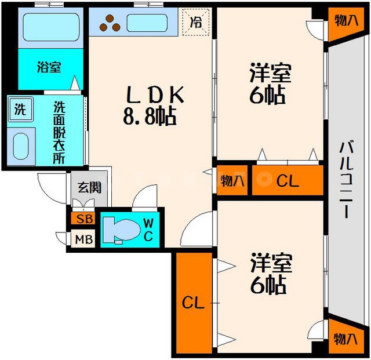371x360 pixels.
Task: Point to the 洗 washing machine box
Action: point(20,108)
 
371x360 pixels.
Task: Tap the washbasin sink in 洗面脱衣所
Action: point(21,145)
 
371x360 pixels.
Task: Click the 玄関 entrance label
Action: point(89,188)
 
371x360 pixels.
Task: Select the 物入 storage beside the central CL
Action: point(232,181)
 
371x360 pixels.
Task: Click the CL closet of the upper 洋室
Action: point(287,181)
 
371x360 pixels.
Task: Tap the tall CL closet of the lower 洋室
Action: point(194,303)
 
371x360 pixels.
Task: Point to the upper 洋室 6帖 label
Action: point(268,85)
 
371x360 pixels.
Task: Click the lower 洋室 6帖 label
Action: point(268,274)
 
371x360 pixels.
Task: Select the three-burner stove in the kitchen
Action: point(110,23)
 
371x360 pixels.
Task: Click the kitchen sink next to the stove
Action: point(147,23)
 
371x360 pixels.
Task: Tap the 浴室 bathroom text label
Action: point(49,68)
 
